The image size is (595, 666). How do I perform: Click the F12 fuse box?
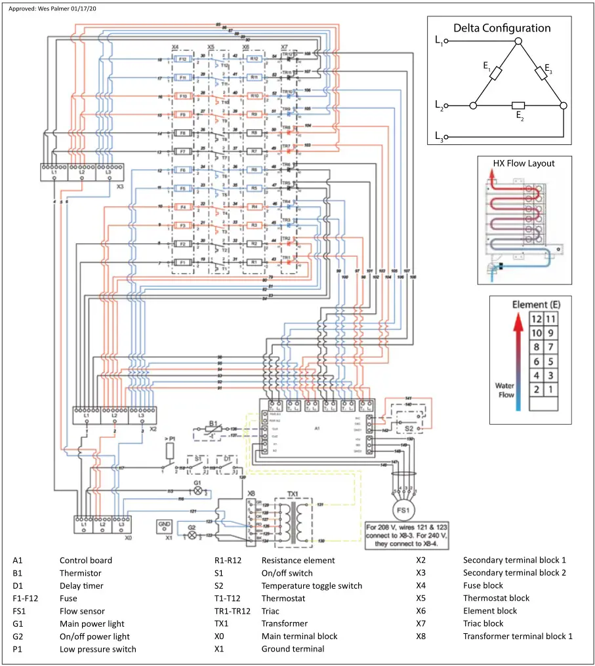(x=184, y=59)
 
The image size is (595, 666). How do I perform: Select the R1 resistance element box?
(x=254, y=262)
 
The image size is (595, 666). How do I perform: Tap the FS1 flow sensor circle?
(x=400, y=509)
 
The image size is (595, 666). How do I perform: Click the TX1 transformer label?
(x=293, y=493)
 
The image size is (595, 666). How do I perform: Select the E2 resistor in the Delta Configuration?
(x=518, y=105)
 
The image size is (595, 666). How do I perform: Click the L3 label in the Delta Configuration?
(x=439, y=136)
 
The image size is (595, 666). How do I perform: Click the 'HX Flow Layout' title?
(x=523, y=163)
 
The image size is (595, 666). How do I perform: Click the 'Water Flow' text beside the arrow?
(x=504, y=390)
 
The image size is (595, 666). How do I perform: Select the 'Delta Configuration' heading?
(x=502, y=28)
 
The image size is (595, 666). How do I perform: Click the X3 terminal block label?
(x=119, y=186)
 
